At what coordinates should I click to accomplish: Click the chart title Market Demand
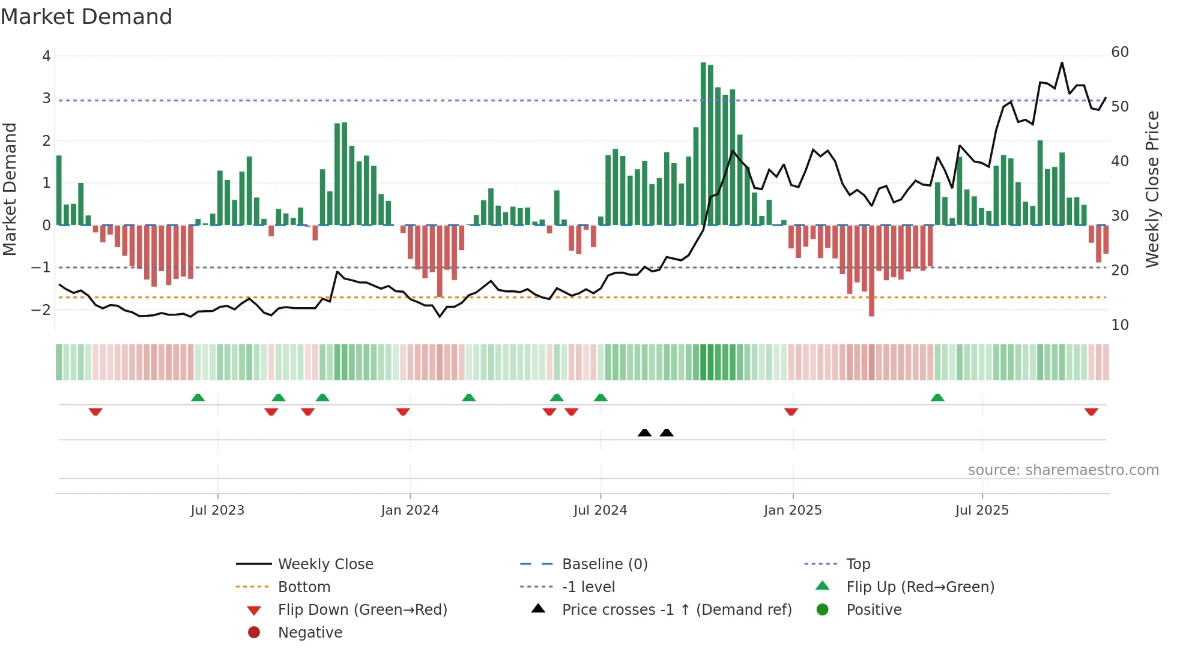[86, 17]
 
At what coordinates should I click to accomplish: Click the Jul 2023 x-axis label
[217, 510]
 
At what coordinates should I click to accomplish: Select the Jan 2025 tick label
[793, 510]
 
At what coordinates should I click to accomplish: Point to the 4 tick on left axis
[46, 56]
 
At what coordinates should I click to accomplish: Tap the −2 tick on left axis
[41, 310]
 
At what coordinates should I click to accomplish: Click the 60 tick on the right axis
[1120, 52]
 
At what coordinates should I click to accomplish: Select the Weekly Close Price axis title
[1152, 189]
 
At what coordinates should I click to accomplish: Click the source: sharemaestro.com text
[1063, 470]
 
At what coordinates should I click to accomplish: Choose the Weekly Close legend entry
[325, 564]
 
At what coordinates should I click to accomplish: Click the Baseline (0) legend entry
[604, 564]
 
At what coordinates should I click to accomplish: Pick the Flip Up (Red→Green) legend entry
[920, 587]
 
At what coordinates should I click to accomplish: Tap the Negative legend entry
[310, 633]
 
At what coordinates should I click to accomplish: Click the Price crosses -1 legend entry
[676, 610]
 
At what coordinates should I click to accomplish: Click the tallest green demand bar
[703, 144]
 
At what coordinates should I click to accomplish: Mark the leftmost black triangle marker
[644, 432]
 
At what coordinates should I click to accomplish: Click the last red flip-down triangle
[1091, 411]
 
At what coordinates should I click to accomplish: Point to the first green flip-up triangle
[198, 397]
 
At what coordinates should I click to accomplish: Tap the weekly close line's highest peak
[1062, 63]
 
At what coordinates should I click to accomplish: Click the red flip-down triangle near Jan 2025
[791, 411]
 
